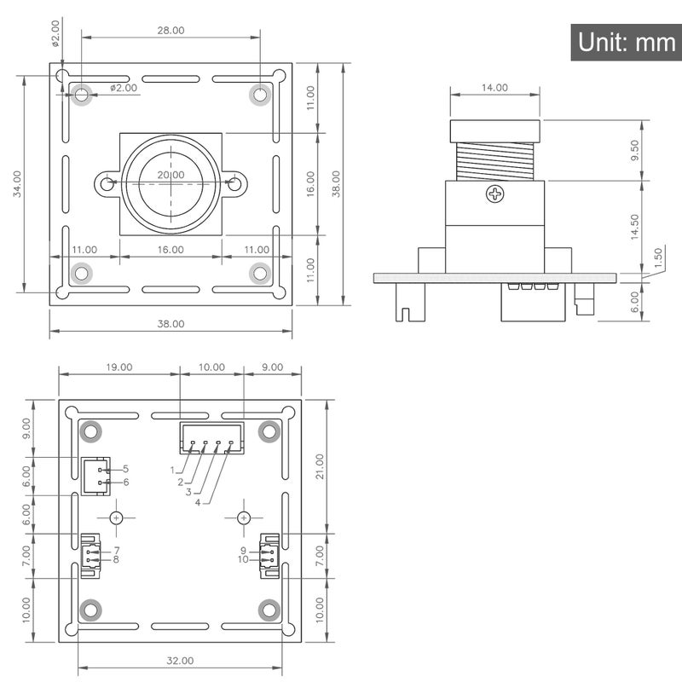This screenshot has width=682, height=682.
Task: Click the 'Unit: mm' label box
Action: click(626, 42)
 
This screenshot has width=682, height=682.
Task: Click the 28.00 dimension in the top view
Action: click(171, 31)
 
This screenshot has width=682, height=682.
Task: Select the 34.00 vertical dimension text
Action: click(17, 183)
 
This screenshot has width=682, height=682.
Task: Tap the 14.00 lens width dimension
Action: click(494, 88)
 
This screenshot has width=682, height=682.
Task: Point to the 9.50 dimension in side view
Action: click(634, 150)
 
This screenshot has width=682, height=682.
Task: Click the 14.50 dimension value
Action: click(634, 227)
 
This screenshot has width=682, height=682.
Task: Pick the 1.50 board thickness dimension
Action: click(657, 257)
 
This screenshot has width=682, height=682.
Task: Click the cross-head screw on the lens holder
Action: click(495, 194)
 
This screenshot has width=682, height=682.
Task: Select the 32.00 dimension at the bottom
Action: click(180, 661)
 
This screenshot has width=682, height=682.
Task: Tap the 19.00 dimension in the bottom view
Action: click(119, 367)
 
